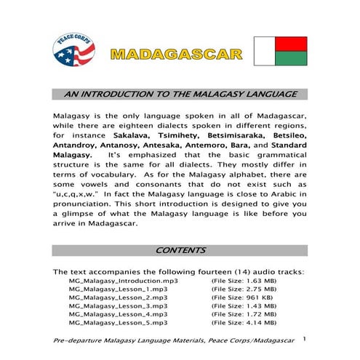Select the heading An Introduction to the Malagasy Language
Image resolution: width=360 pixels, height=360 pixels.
(180, 95)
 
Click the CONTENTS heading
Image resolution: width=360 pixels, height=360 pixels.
(180, 250)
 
